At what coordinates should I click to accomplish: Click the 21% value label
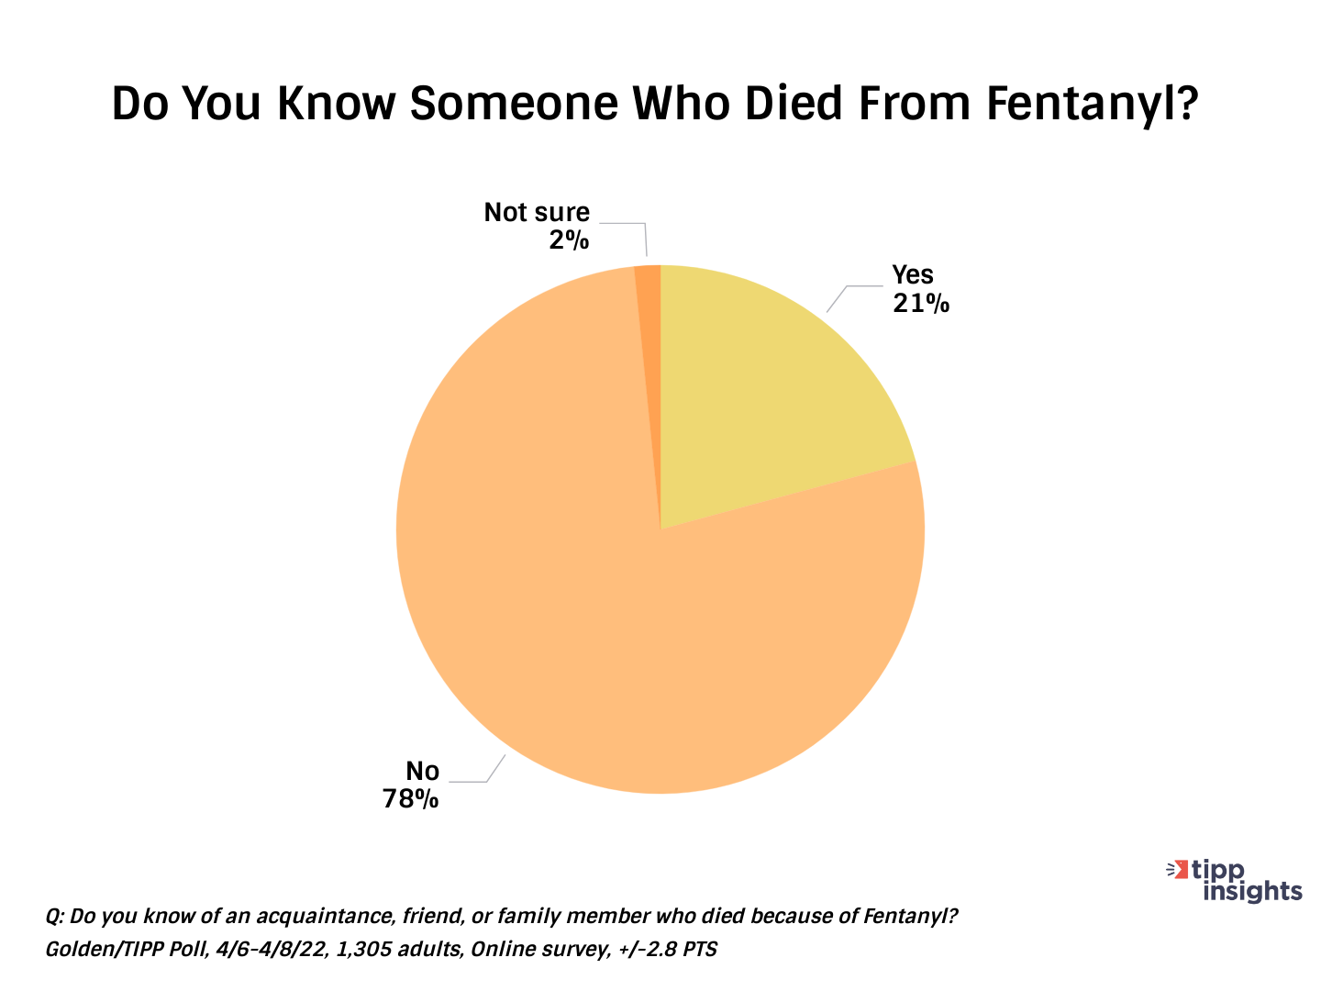pyautogui.click(x=921, y=303)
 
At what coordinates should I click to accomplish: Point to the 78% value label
pyautogui.click(x=411, y=799)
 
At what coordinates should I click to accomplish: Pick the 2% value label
pyautogui.click(x=569, y=240)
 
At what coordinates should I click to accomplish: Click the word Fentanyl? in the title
pyautogui.click(x=1093, y=105)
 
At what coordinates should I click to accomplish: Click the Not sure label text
pyautogui.click(x=537, y=213)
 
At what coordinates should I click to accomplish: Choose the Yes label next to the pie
pyautogui.click(x=913, y=274)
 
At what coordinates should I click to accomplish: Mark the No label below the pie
pyautogui.click(x=423, y=771)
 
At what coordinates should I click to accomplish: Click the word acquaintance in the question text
pyautogui.click(x=315, y=917)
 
